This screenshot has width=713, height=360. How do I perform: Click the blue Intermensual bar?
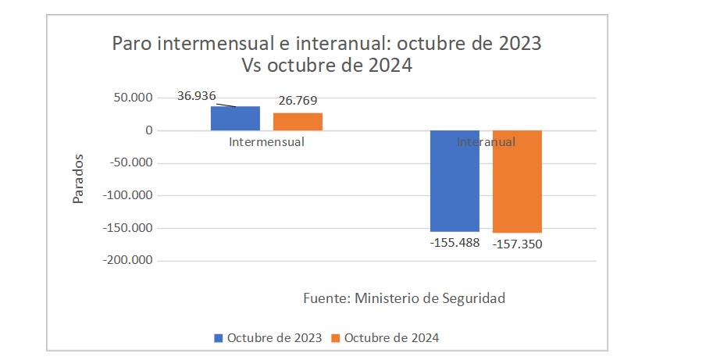[x=235, y=118]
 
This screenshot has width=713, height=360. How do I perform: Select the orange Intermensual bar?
[x=298, y=121]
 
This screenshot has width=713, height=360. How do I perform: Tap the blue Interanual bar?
[x=455, y=180]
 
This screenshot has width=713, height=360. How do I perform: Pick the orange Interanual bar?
[x=517, y=181]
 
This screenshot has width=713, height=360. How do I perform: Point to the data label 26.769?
[x=298, y=101]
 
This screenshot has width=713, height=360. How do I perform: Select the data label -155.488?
[x=455, y=242]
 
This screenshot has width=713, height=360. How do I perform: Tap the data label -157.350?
[x=517, y=244]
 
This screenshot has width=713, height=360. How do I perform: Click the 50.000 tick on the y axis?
[x=132, y=98]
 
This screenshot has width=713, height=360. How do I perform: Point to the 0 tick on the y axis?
[x=147, y=130]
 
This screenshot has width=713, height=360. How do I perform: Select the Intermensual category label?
[x=266, y=142]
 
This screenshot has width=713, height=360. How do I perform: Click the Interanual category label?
[x=486, y=142]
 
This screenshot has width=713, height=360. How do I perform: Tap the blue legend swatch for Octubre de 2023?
[x=219, y=338]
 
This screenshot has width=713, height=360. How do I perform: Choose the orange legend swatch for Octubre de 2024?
[x=337, y=338]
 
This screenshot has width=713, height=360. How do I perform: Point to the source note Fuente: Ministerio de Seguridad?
[x=404, y=298]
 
